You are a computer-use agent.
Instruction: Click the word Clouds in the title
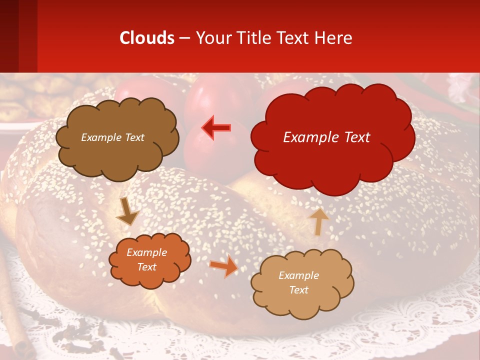coord(147,38)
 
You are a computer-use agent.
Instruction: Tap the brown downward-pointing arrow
coord(128,211)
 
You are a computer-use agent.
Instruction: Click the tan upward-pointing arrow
coord(318,221)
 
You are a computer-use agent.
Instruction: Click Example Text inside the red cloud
coord(326,137)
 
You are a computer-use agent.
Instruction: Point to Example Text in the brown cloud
coord(112,137)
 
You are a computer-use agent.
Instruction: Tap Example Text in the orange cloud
coord(147,259)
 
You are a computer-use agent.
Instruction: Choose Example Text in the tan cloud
coord(298,282)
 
